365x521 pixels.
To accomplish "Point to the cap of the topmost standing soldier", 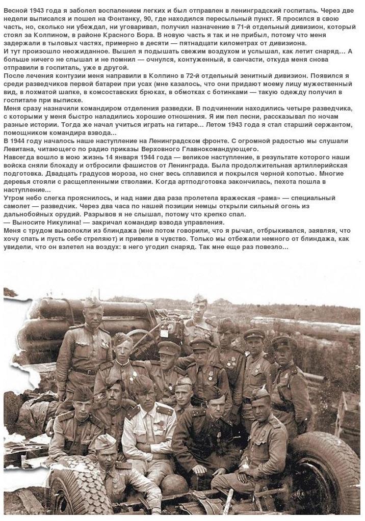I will click(199, 298).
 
